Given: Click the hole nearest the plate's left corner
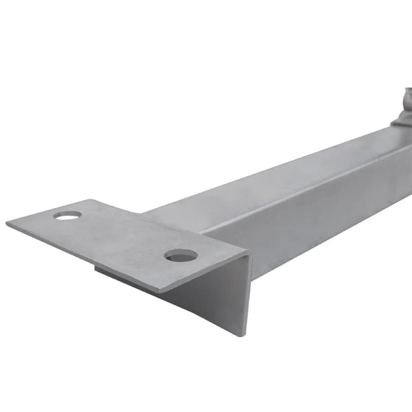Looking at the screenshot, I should (x=67, y=215).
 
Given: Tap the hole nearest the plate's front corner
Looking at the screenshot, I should (x=181, y=255).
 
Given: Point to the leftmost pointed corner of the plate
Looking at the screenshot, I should (x=8, y=224).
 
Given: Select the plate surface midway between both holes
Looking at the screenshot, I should (x=124, y=236).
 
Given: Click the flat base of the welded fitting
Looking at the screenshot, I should (x=402, y=124).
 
